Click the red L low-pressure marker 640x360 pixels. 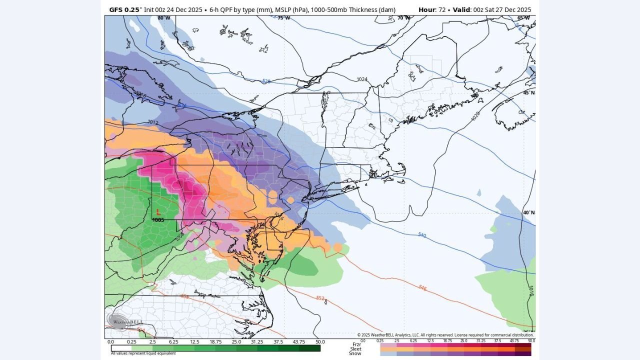(158, 212)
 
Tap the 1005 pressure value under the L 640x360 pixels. (158, 220)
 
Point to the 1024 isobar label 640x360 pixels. (362, 79)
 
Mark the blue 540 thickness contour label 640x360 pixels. (421, 234)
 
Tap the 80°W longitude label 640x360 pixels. (164, 18)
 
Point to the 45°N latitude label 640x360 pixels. (528, 93)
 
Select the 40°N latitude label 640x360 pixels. (528, 212)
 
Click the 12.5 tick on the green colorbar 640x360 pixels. (194, 342)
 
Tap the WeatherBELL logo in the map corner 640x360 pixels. (120, 321)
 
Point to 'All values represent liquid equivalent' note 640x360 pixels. (143, 353)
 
